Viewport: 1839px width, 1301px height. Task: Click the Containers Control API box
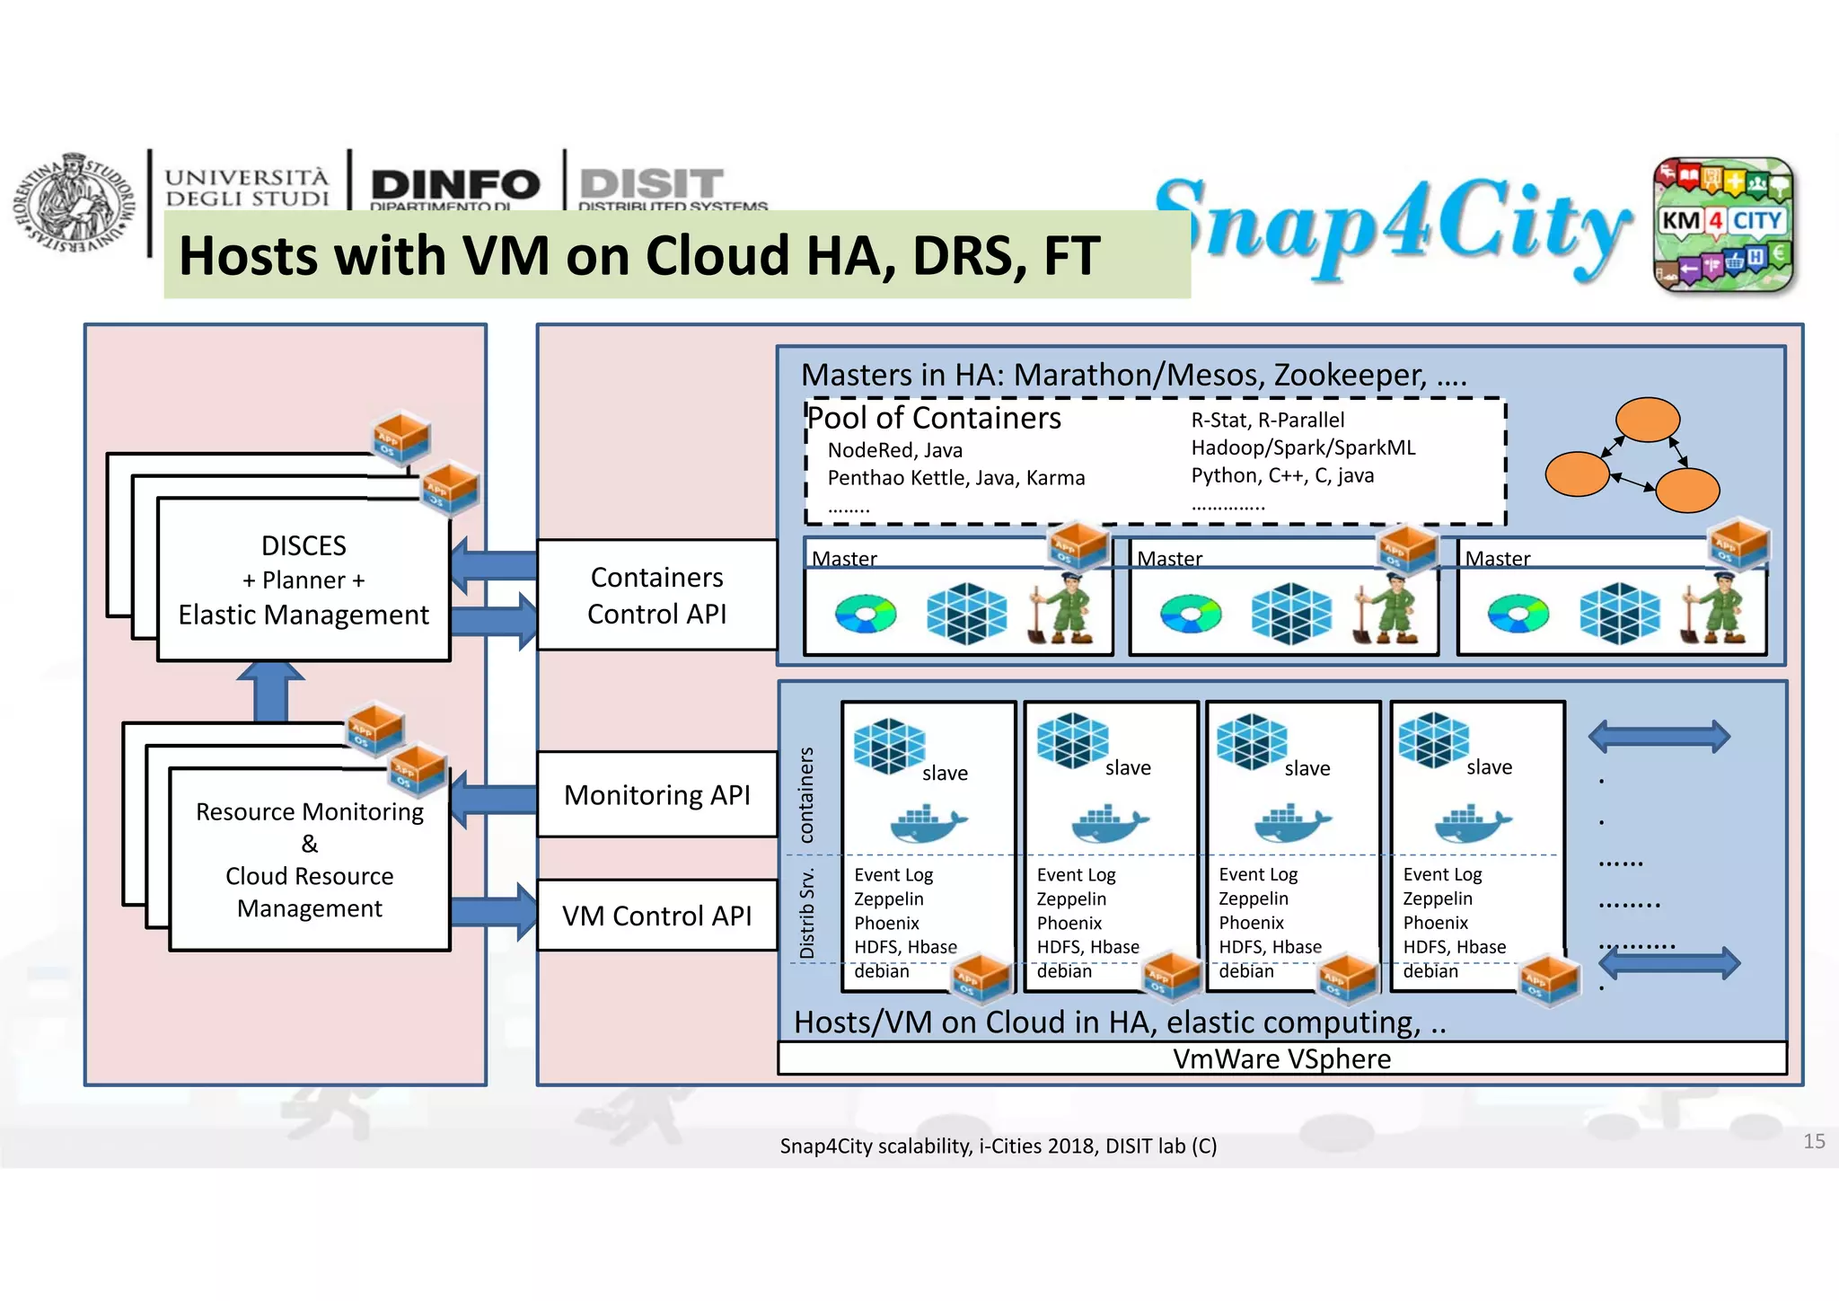656,595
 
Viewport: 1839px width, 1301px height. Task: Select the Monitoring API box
656,794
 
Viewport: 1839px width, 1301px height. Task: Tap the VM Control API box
656,916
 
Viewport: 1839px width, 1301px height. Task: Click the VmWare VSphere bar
1281,1058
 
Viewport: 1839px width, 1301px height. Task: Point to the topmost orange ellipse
1647,420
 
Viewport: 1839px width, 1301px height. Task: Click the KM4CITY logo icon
1722,225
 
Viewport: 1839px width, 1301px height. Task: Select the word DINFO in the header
455,184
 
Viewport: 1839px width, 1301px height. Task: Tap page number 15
1813,1141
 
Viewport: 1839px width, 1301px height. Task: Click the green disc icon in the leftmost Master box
865,615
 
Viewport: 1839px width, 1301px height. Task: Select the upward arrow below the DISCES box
270,690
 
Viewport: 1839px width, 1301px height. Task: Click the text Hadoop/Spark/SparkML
1302,447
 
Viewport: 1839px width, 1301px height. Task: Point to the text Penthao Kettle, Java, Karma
955,478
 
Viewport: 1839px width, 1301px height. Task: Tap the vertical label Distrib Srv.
806,913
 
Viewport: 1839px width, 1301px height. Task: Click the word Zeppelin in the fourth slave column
1437,898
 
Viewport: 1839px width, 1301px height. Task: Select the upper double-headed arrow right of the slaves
1659,737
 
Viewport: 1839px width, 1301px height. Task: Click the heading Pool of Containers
934,418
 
